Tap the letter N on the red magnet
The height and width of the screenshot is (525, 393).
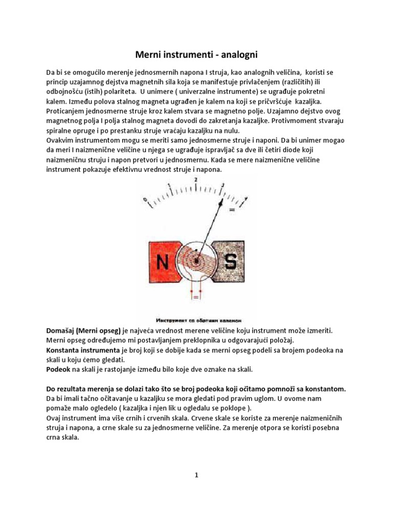[x=165, y=262]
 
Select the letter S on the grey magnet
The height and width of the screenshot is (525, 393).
[x=231, y=262]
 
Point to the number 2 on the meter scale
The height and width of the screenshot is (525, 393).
[x=196, y=179]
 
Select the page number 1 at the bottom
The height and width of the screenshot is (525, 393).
[x=196, y=475]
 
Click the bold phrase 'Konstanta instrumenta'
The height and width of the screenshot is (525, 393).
[x=83, y=351]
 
